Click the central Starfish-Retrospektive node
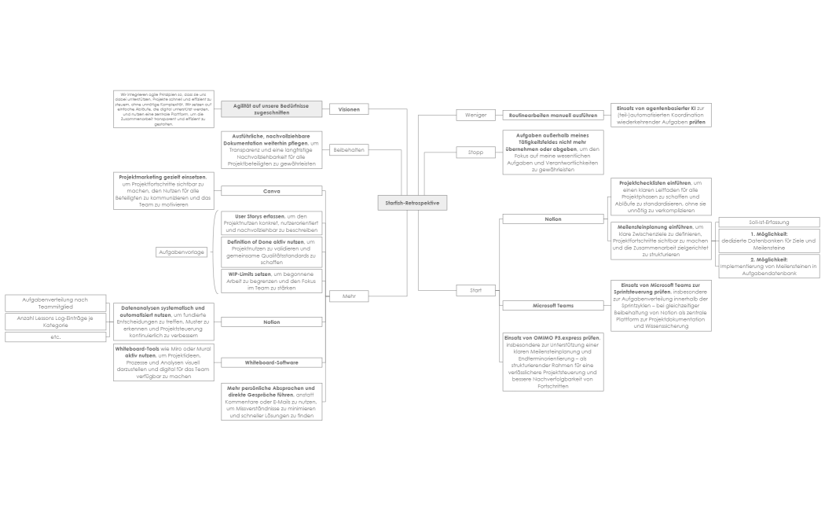point(412,202)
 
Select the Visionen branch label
point(349,109)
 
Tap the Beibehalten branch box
point(349,149)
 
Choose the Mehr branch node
point(349,296)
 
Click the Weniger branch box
point(476,115)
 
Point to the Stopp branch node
point(476,152)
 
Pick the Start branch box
point(476,291)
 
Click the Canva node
point(271,191)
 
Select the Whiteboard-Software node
point(271,362)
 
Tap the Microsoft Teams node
point(553,305)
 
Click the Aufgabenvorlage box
point(181,252)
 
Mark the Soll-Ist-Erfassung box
point(769,222)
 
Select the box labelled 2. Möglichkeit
point(769,267)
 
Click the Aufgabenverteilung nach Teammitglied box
point(55,303)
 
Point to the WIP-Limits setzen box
point(270,281)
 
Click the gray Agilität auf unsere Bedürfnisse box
point(271,108)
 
